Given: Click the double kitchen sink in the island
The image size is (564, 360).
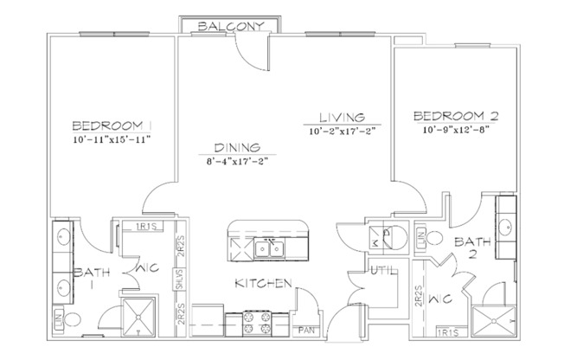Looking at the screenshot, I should pos(271,249).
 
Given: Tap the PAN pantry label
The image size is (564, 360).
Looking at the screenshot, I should pos(305,330).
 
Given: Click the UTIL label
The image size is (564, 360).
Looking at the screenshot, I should pos(381,272).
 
